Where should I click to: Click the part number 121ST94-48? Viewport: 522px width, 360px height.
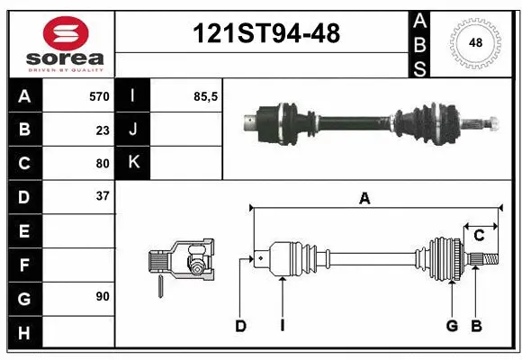(267, 34)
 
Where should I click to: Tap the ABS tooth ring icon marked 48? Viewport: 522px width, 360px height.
(473, 41)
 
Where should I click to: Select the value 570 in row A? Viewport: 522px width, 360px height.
(98, 96)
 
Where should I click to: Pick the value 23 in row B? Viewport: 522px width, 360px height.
(102, 130)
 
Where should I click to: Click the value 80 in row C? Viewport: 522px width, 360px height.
(102, 163)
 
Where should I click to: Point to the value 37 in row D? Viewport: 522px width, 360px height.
(102, 196)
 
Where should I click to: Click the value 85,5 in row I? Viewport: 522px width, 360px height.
(206, 96)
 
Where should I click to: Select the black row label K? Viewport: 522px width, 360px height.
(133, 163)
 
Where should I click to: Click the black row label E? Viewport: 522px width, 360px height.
(23, 231)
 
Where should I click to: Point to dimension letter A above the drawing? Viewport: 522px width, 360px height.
(364, 199)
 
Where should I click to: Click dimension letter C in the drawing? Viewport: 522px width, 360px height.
(479, 236)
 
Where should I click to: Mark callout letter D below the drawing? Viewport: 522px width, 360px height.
(240, 326)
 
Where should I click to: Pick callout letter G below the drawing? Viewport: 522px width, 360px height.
(452, 326)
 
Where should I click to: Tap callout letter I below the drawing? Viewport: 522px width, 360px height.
(282, 326)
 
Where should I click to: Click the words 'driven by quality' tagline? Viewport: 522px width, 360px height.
(66, 67)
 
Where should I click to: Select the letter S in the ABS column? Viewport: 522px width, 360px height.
(420, 67)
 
